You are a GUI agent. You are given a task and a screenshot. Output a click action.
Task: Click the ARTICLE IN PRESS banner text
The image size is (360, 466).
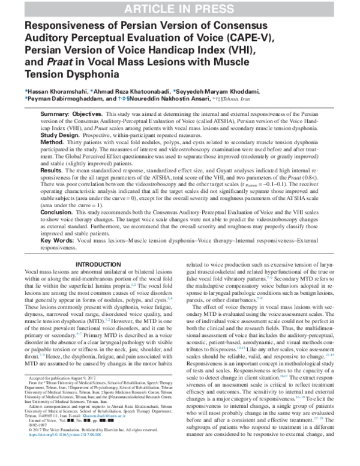pyautogui.click(x=180, y=8)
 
